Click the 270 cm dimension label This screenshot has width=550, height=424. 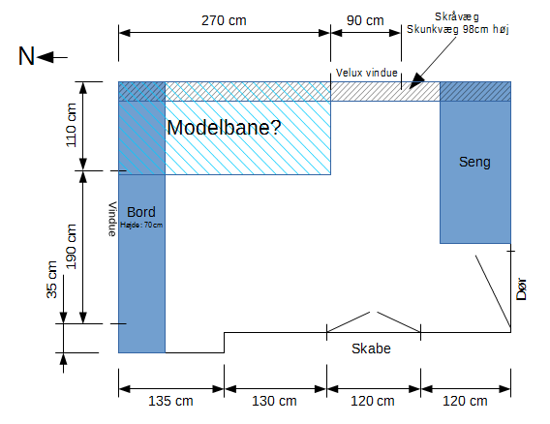coord(224,20)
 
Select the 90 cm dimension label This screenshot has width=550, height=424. coord(365,20)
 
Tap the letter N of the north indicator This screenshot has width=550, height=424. coord(26,56)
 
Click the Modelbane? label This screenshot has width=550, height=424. coord(224,127)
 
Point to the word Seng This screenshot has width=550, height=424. coord(474,162)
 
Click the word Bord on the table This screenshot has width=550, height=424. coord(141,212)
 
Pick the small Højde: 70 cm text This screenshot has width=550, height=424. coord(141,225)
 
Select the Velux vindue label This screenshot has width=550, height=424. coord(367,73)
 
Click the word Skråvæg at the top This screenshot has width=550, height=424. coord(457,16)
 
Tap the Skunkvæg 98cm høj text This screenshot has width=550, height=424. coord(458,29)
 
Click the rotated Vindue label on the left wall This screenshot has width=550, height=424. coord(112,219)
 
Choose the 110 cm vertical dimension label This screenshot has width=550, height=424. coord(71,125)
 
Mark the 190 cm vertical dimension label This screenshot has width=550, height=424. coord(71,247)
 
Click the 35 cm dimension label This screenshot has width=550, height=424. coord(51,280)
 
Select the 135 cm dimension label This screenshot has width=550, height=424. coord(170,401)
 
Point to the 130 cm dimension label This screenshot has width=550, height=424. coord(274,401)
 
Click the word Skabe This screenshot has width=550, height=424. coord(371,348)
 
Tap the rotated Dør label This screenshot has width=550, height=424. coord(522,289)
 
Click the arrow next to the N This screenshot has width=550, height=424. coord(52,57)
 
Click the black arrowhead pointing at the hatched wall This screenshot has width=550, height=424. coord(416,81)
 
